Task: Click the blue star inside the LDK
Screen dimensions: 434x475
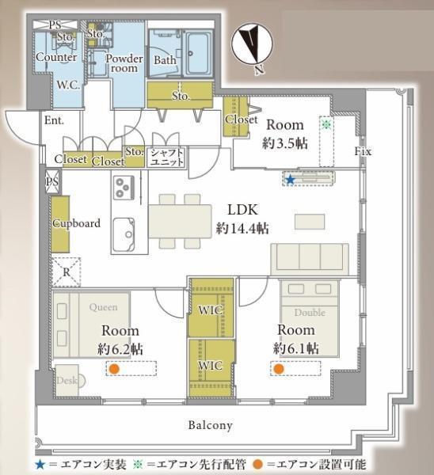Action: (x=291, y=180)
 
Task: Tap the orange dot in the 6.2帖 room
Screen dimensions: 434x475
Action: (x=114, y=369)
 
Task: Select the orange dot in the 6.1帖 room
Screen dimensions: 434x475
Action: (x=279, y=369)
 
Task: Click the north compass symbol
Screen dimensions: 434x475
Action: (x=252, y=45)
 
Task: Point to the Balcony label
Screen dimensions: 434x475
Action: (x=211, y=425)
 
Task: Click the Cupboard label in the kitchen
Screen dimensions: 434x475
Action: (x=76, y=223)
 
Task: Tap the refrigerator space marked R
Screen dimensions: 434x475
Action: (x=67, y=272)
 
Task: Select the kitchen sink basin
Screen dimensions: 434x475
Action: (x=124, y=234)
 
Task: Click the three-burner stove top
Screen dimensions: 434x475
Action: (x=124, y=188)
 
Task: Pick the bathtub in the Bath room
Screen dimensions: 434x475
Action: (x=198, y=53)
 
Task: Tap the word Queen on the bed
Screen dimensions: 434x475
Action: (x=103, y=307)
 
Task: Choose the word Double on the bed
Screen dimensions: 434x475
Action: (x=310, y=313)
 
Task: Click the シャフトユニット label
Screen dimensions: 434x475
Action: (x=167, y=157)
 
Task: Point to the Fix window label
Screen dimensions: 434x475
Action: (x=363, y=151)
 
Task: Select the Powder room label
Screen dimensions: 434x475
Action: (x=124, y=63)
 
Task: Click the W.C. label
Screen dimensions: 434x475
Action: (x=68, y=85)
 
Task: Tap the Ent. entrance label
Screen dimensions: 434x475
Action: (x=54, y=120)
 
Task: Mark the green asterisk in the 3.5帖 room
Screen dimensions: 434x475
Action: (x=326, y=123)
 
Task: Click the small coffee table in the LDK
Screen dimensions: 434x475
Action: (x=310, y=222)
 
